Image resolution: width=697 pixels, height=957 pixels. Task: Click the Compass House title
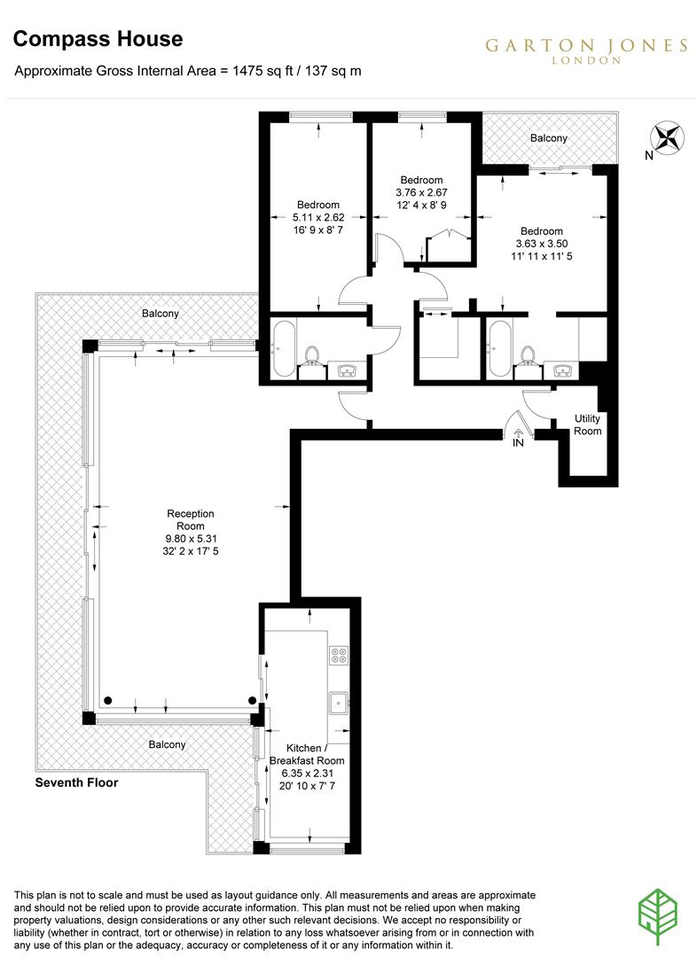point(98,39)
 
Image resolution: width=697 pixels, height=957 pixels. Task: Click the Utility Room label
point(587,424)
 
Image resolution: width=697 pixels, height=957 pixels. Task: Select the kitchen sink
point(338,704)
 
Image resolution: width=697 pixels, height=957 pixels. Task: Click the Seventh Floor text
point(76,782)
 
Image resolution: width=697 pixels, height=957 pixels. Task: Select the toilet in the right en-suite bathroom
point(529,356)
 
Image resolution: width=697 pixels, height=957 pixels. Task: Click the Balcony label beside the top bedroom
point(548,138)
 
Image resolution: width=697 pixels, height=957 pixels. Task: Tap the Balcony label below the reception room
point(168,744)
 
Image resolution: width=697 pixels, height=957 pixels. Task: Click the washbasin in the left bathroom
point(345,371)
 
